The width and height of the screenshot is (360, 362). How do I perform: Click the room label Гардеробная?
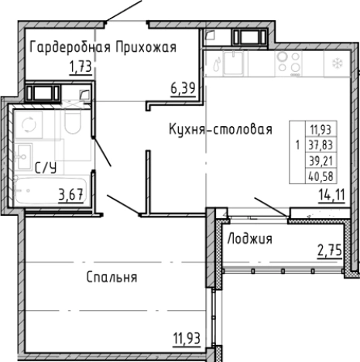[x=68, y=47]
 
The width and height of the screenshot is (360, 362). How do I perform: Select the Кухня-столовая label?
[x=220, y=130]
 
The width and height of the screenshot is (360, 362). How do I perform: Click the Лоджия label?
[x=249, y=239]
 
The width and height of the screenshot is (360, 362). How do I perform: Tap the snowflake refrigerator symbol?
[x=337, y=63]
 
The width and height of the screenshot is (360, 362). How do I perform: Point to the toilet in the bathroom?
[x=74, y=125]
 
